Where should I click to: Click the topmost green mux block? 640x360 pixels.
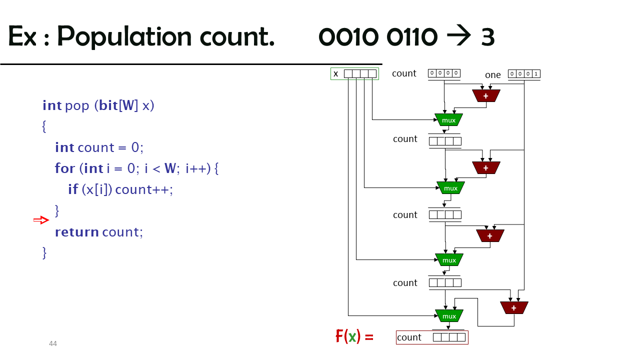click(x=448, y=120)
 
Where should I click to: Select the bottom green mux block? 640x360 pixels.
click(x=449, y=316)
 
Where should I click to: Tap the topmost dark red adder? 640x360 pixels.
click(x=486, y=96)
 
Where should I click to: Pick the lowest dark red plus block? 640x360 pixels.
click(x=514, y=308)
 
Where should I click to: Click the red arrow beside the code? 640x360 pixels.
click(x=41, y=220)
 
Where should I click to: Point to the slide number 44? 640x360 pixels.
click(x=53, y=343)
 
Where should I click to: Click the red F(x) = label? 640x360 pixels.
click(x=354, y=336)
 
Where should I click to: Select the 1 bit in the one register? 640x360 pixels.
click(x=536, y=73)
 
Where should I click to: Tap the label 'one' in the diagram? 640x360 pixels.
click(x=493, y=75)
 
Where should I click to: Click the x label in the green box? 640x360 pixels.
click(x=335, y=73)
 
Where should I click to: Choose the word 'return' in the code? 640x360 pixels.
click(x=77, y=232)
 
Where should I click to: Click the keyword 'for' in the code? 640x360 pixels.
click(x=65, y=168)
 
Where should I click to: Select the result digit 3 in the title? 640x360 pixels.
click(x=487, y=37)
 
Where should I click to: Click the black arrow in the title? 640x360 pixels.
click(x=459, y=35)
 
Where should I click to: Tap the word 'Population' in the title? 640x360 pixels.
click(x=124, y=36)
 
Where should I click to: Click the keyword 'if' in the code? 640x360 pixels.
click(x=73, y=189)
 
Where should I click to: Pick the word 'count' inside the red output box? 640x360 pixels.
click(x=409, y=337)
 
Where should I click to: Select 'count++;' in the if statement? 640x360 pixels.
click(x=144, y=189)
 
